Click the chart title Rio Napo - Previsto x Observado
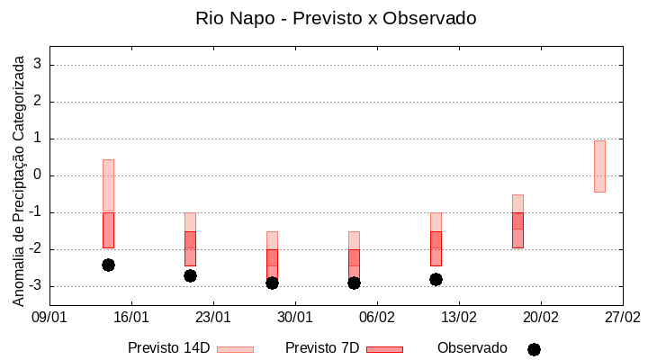336,18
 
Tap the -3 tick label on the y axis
35,286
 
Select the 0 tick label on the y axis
38,175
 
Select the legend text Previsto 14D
169,348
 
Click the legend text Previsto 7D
322,348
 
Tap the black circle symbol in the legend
534,349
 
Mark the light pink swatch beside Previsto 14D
235,349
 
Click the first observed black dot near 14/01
108,265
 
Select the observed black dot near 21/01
190,275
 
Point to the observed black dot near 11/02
436,279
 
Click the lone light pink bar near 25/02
599,166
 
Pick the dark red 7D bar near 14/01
108,229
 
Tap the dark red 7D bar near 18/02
517,229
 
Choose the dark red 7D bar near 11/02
436,248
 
